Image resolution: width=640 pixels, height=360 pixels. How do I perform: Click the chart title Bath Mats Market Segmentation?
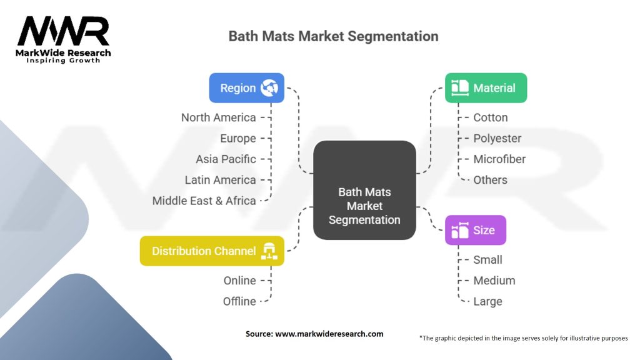click(x=333, y=36)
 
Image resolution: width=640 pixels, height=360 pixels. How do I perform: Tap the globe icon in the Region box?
click(x=269, y=88)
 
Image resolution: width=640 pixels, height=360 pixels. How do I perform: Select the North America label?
click(x=218, y=117)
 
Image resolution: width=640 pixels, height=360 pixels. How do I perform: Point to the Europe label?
click(x=237, y=138)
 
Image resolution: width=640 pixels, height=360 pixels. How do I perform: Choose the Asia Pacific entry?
click(x=226, y=159)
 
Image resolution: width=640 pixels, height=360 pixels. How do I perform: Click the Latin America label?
click(x=220, y=180)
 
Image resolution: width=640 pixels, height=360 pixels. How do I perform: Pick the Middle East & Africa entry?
click(x=204, y=201)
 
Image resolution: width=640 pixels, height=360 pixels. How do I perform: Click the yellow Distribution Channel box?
click(x=212, y=251)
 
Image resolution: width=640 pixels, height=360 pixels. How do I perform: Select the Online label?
click(x=239, y=281)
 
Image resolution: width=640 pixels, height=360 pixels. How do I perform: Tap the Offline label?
click(x=239, y=301)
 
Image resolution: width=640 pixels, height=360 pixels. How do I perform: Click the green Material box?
click(x=486, y=88)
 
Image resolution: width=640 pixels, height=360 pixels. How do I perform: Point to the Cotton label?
click(x=491, y=117)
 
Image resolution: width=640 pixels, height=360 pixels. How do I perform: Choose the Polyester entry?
click(x=497, y=138)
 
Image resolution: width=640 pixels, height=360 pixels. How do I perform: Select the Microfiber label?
click(x=499, y=159)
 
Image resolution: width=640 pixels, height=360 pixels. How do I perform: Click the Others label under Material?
click(x=490, y=180)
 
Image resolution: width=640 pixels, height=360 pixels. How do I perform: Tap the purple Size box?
click(x=475, y=230)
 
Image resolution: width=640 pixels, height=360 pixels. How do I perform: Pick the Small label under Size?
click(x=487, y=260)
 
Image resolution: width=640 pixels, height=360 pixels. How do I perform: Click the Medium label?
click(x=494, y=281)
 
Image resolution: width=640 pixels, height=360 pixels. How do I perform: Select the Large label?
click(x=487, y=301)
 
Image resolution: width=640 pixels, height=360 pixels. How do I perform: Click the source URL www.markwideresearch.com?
click(x=329, y=334)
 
